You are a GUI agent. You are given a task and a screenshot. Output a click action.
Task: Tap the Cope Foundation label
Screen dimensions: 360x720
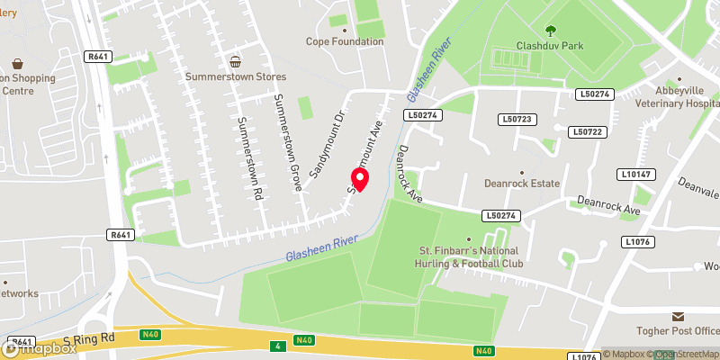pos(345,41)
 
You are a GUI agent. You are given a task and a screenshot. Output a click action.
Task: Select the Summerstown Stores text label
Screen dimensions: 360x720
pos(236,77)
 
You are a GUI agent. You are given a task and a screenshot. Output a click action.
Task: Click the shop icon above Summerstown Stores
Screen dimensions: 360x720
pos(236,61)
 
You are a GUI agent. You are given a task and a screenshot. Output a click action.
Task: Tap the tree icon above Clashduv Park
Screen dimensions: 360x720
pos(550,29)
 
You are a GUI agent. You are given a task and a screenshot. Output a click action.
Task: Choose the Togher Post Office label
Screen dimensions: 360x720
pos(681,330)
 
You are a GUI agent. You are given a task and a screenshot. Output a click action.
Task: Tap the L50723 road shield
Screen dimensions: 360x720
pos(517,119)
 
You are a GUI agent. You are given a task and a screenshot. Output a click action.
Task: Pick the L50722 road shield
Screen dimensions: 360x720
pos(586,131)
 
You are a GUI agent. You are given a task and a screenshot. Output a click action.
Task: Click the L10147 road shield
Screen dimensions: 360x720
pos(635,173)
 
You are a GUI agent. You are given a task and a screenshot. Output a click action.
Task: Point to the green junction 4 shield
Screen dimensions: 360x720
pos(274,346)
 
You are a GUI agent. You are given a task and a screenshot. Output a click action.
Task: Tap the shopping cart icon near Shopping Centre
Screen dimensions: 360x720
pos(17,64)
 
